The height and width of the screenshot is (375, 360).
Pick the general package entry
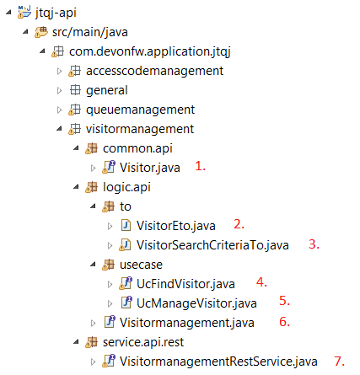coord(106,89)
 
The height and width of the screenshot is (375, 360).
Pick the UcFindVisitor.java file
coord(183,282)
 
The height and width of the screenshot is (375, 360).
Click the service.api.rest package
coord(143,340)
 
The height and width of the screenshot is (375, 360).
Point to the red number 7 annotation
coord(339,361)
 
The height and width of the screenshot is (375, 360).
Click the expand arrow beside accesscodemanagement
coord(59,70)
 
